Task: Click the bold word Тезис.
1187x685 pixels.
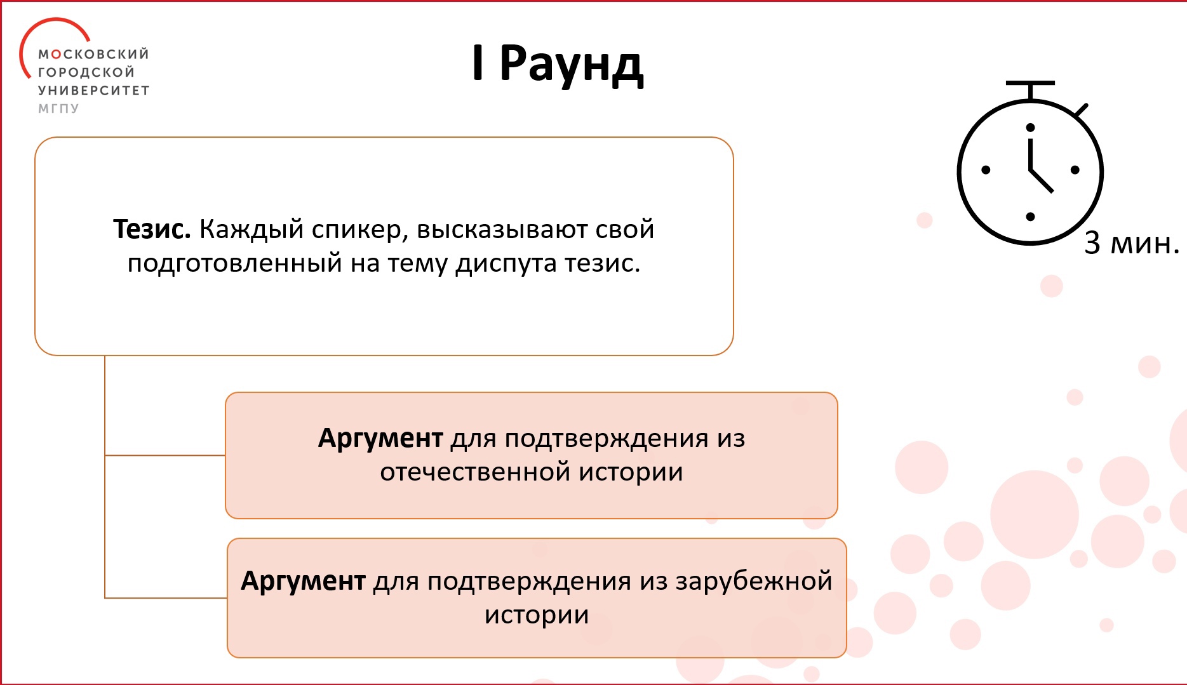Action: (152, 229)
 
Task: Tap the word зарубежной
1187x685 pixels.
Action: (753, 582)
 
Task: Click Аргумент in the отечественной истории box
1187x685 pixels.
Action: (380, 439)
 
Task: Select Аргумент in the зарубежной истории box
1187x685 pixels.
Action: (303, 582)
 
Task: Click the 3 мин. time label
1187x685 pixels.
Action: (1132, 243)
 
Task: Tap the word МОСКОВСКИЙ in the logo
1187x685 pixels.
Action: (93, 54)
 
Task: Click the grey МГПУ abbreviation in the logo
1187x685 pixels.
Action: (58, 109)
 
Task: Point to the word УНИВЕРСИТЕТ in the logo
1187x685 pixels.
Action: (93, 91)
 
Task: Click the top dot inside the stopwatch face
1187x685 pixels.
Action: (1030, 128)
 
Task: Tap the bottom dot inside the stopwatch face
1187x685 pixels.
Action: (1030, 217)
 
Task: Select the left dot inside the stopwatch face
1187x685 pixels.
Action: (986, 170)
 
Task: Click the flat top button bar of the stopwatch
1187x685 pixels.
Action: (1030, 83)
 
